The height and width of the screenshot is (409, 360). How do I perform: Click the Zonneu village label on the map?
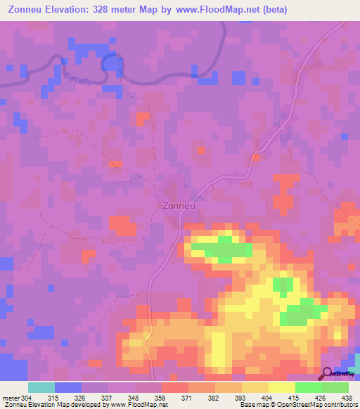coord(177,207)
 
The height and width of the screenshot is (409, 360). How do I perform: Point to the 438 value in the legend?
coord(347,397)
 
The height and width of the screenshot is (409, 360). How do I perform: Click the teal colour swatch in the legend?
coord(41,387)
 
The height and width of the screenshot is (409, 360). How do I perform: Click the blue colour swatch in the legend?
coord(67,387)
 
